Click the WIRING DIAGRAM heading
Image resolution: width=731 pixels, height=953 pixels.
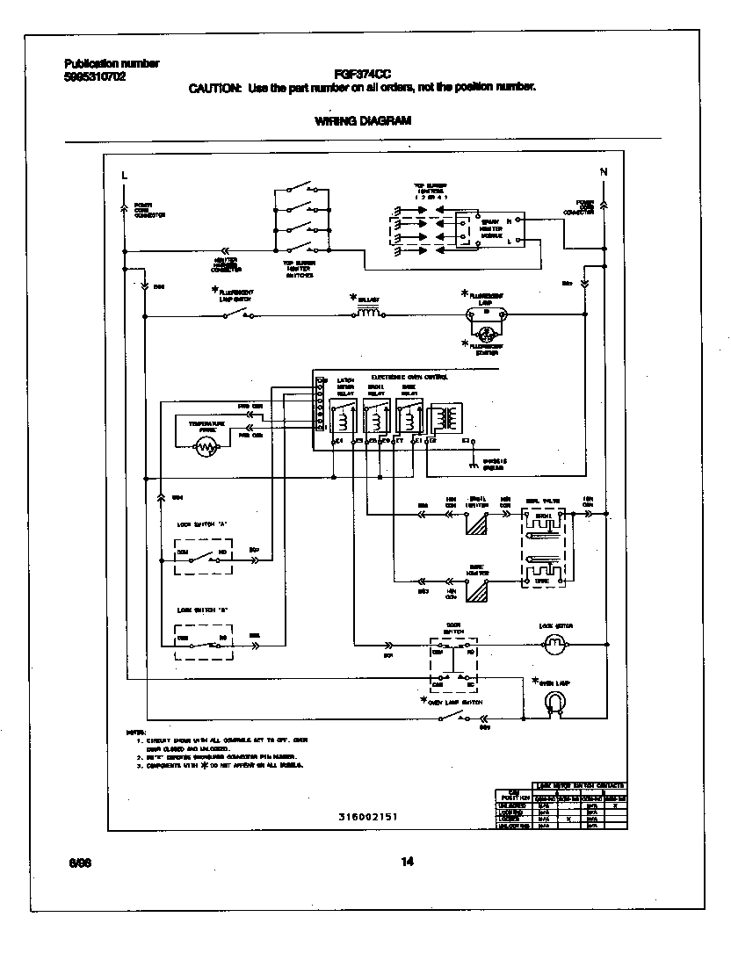tap(362, 121)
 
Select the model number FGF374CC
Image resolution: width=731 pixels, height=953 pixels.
tap(362, 75)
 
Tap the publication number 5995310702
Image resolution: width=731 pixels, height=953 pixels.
tap(95, 76)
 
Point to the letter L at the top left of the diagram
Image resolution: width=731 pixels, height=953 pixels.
tap(124, 174)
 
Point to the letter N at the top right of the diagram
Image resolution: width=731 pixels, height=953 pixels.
tap(603, 171)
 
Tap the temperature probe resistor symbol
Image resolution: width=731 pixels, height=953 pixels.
tap(206, 447)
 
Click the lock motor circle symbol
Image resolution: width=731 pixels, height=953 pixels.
tap(554, 646)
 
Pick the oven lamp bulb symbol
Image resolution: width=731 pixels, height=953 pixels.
tap(554, 702)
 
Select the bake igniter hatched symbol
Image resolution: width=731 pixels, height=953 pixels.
tap(478, 593)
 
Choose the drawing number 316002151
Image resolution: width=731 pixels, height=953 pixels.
tap(368, 816)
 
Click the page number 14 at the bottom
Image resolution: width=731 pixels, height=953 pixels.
tap(407, 862)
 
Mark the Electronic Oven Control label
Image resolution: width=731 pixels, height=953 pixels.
tap(409, 377)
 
